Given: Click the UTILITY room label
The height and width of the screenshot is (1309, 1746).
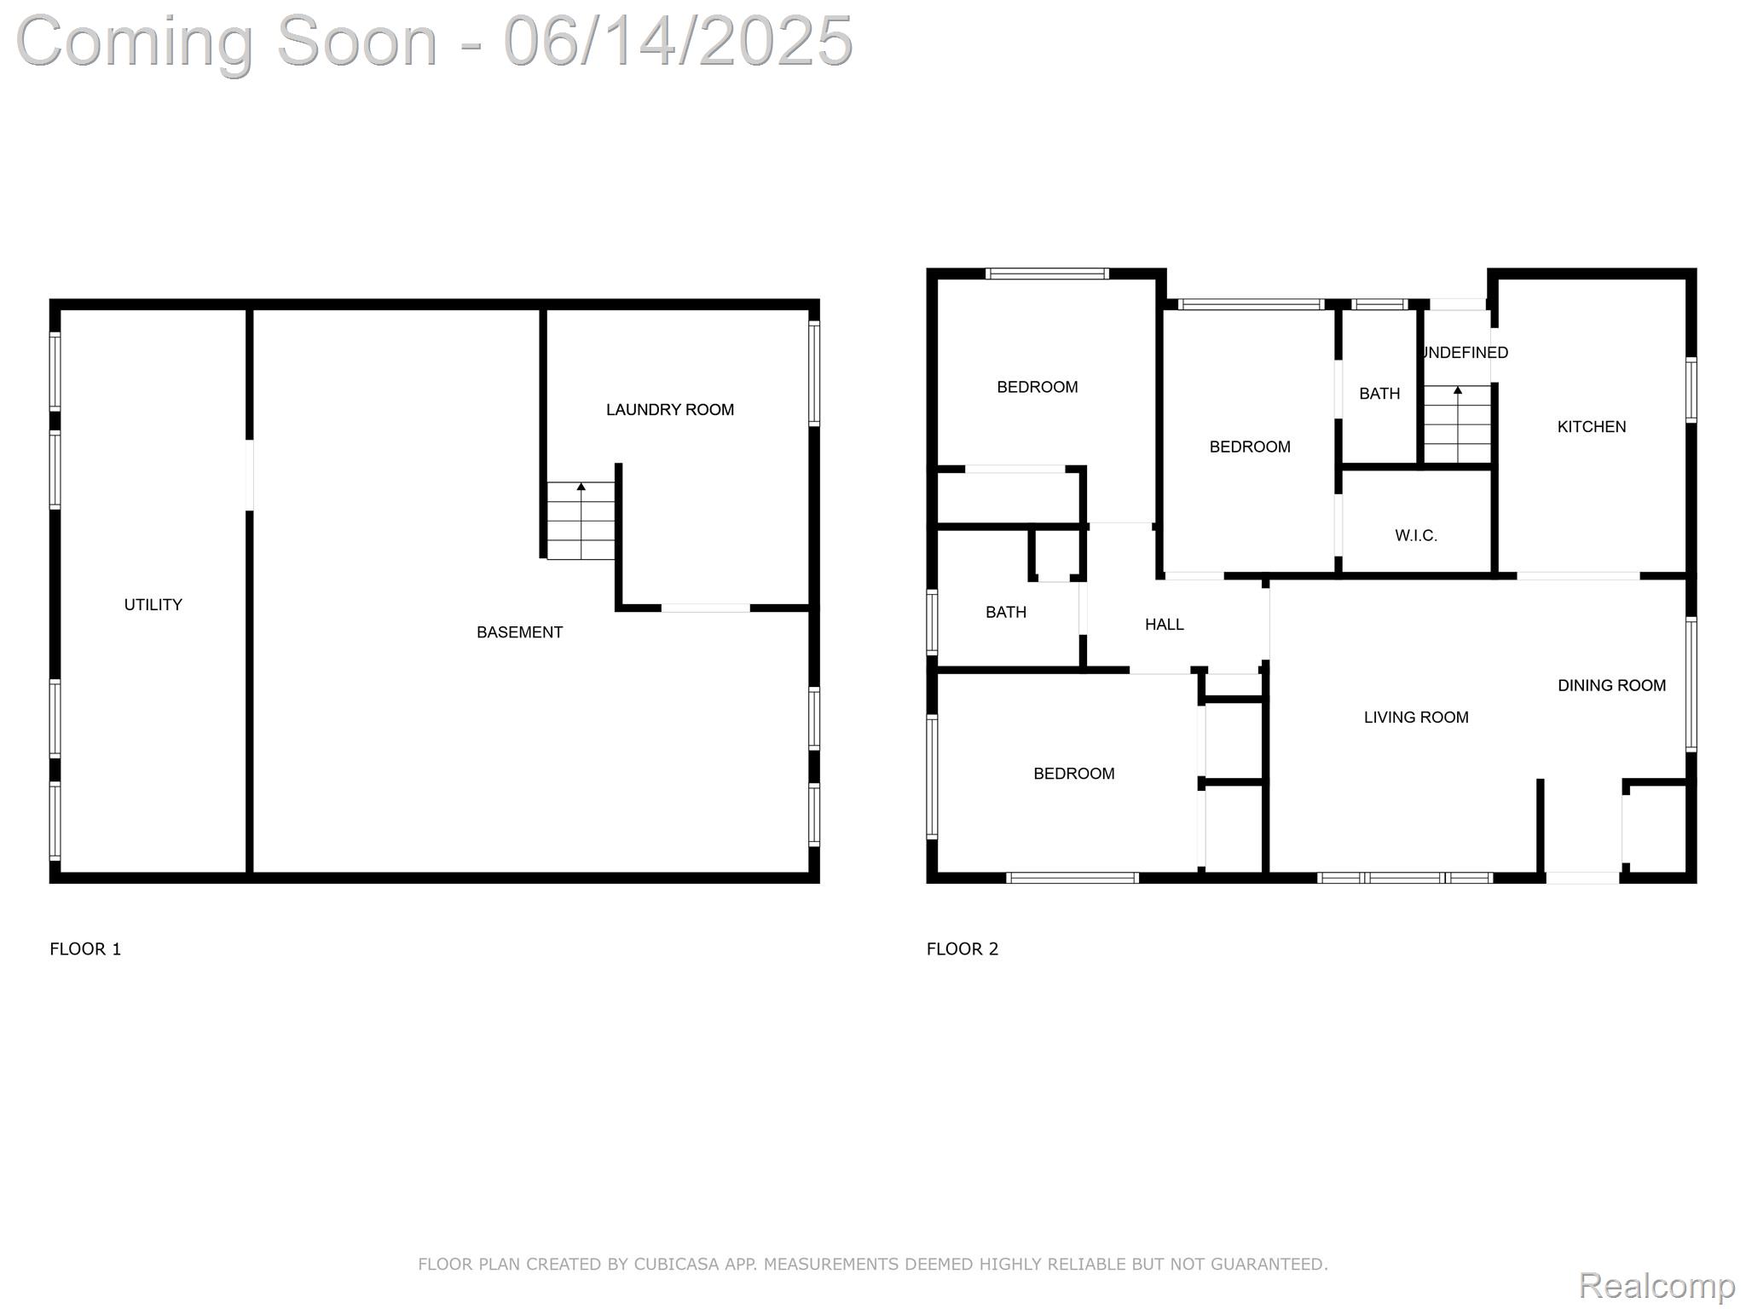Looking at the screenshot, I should pos(153,605).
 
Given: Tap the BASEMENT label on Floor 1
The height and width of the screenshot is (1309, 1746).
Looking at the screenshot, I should pos(519,632).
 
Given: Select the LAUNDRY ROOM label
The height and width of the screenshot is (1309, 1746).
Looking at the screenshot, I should pos(670,410).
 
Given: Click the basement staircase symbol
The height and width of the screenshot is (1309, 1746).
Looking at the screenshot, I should pos(581,521).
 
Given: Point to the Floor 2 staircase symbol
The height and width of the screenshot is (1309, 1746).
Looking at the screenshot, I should pos(1458,424).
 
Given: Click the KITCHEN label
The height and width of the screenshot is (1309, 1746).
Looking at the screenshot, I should pos(1592,427).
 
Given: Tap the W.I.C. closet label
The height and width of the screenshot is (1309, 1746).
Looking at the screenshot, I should pos(1416,536).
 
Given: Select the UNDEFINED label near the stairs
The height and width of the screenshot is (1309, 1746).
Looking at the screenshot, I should pos(1466,353).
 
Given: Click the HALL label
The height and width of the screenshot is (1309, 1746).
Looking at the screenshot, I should pos(1165,625).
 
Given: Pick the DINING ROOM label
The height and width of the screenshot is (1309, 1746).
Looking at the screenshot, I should pos(1611,686).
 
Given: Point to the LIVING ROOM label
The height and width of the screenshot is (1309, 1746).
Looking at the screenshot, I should pos(1416,718).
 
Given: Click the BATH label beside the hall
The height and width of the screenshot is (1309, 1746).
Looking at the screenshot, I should pos(1006,613).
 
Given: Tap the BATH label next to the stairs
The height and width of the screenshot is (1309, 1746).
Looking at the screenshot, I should pos(1379,394).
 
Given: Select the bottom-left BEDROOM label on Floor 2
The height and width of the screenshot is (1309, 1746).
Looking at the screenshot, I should pos(1074,774).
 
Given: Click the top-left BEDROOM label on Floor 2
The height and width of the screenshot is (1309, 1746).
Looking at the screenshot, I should pos(1038,388).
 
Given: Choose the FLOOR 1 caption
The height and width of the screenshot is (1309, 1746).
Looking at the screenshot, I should pos(86,949).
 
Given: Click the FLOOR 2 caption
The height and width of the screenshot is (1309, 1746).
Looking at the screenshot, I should pos(963,949).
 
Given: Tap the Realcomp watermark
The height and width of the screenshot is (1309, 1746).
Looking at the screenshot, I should pos(1656,1285).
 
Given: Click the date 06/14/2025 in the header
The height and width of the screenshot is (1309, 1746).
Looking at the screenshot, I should pos(679,41).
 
